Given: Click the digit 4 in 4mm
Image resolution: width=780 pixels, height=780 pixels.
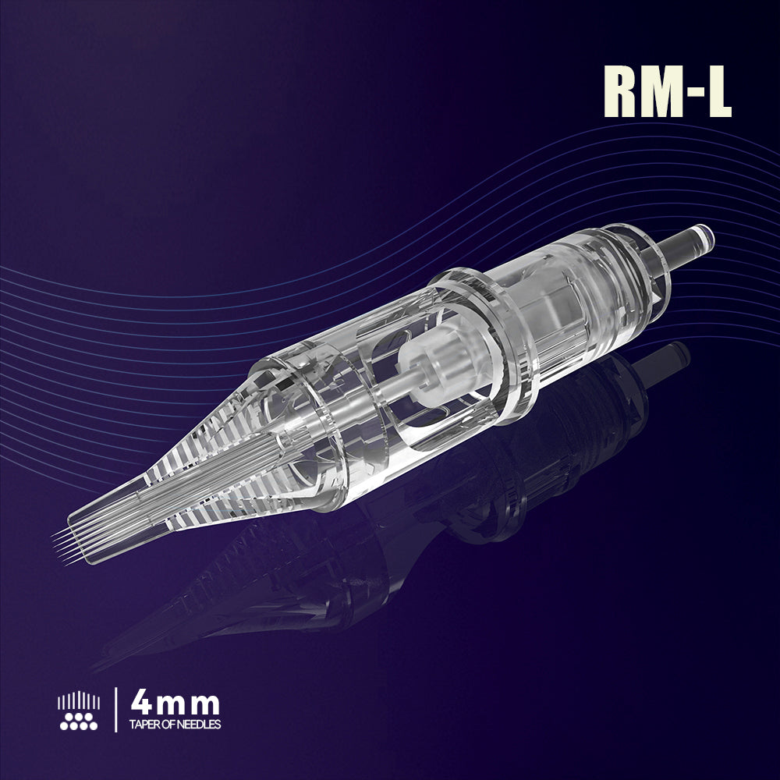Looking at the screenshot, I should (143, 704).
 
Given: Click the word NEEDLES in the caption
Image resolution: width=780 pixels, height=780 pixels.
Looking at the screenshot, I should (200, 725).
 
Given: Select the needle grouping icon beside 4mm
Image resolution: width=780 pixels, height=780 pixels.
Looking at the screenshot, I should (79, 710).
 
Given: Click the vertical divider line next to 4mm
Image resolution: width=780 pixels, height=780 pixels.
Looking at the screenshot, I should (115, 710).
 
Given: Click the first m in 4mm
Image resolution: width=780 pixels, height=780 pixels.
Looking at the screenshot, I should (172, 707).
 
